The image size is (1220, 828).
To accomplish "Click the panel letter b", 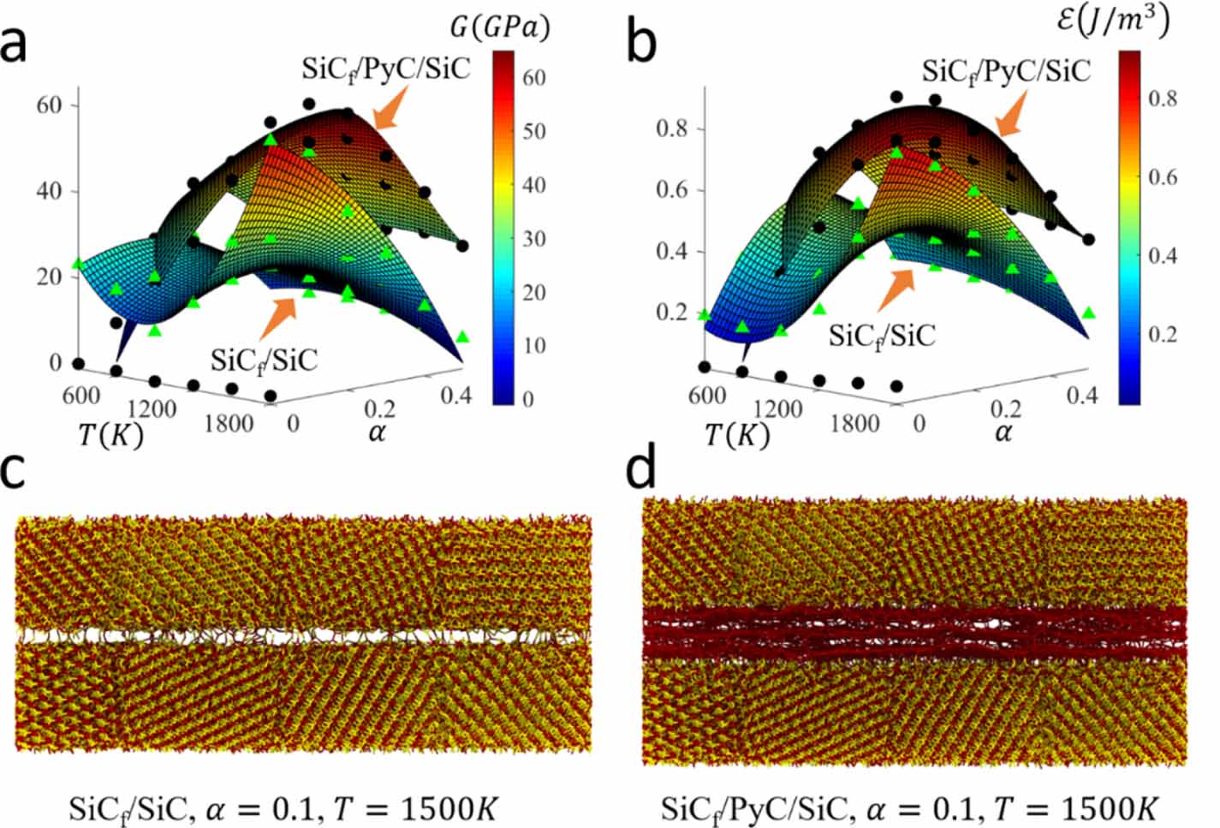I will tap(641, 43).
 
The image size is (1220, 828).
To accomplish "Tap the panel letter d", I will tap(641, 469).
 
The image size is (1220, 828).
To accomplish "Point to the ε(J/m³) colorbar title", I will tap(1112, 21).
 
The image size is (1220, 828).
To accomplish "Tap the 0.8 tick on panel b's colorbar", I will tap(1162, 99).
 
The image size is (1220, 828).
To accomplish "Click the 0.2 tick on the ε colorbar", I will tap(1162, 334).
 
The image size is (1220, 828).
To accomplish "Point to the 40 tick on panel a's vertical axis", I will tap(49, 191).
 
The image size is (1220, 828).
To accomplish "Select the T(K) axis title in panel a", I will tap(110, 436).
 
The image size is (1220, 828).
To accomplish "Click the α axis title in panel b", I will tap(1003, 432).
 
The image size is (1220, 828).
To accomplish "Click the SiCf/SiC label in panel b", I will tap(882, 334).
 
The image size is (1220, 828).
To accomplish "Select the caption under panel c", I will tap(282, 808).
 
